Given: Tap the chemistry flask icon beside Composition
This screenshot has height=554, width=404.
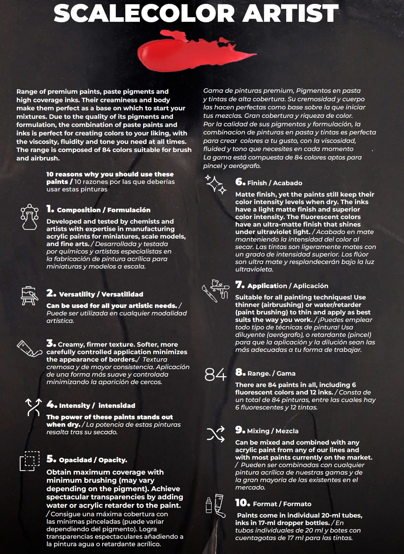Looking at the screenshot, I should click(x=30, y=217).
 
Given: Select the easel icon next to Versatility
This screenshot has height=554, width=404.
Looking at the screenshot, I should click(x=30, y=296).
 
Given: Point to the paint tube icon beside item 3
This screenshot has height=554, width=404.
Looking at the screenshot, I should click(x=29, y=349).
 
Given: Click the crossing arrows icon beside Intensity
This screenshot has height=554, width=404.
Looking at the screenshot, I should click(x=34, y=407).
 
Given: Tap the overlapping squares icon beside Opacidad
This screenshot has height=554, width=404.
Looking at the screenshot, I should click(x=30, y=461).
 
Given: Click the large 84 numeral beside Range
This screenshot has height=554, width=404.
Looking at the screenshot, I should click(x=215, y=375).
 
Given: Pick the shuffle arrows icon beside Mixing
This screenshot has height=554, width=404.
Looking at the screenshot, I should click(x=216, y=434).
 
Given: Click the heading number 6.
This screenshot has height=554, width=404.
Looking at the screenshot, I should click(x=240, y=182).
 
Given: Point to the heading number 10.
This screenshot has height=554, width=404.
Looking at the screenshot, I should click(x=242, y=503).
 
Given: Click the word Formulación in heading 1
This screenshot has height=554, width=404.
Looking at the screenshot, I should click(x=129, y=210).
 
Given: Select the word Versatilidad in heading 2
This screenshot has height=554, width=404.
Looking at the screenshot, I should click(x=122, y=294).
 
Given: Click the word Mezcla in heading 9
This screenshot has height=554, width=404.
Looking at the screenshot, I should click(x=287, y=431).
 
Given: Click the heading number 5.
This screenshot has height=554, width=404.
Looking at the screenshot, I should click(x=51, y=459).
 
